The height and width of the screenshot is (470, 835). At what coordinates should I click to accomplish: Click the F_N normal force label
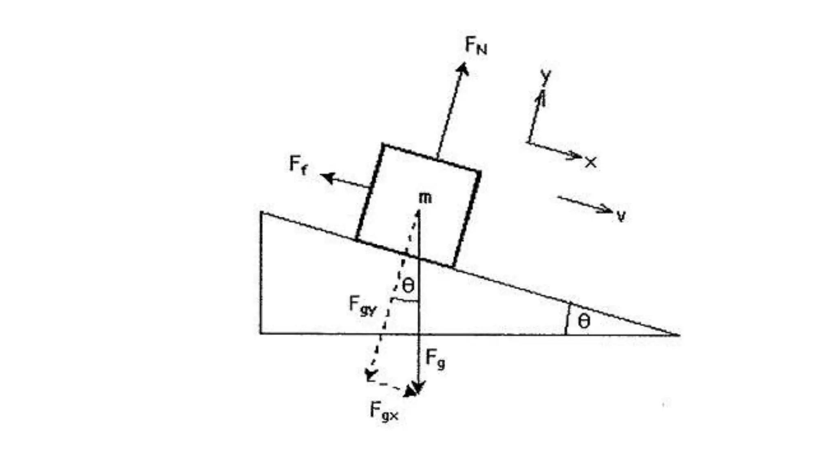(x=476, y=45)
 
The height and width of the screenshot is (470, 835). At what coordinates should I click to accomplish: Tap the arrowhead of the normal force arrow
(x=463, y=68)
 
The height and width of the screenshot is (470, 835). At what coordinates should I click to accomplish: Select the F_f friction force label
(x=298, y=165)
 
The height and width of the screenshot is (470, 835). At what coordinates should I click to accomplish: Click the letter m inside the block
(x=425, y=198)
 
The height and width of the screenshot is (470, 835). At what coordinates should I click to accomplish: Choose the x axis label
(x=590, y=162)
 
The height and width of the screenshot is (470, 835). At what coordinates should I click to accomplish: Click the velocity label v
(x=621, y=216)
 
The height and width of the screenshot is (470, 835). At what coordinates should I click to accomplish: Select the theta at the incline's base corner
(x=584, y=321)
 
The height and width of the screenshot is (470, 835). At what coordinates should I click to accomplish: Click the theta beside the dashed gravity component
(x=408, y=285)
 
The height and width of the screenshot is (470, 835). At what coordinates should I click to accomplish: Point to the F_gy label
(x=362, y=306)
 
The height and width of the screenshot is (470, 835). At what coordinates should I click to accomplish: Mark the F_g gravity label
(x=435, y=359)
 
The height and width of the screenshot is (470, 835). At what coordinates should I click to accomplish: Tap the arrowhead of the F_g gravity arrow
(x=418, y=390)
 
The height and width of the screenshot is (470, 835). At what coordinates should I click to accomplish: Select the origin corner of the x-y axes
(x=528, y=143)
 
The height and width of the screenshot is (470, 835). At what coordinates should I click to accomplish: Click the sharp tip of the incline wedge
(x=678, y=335)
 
